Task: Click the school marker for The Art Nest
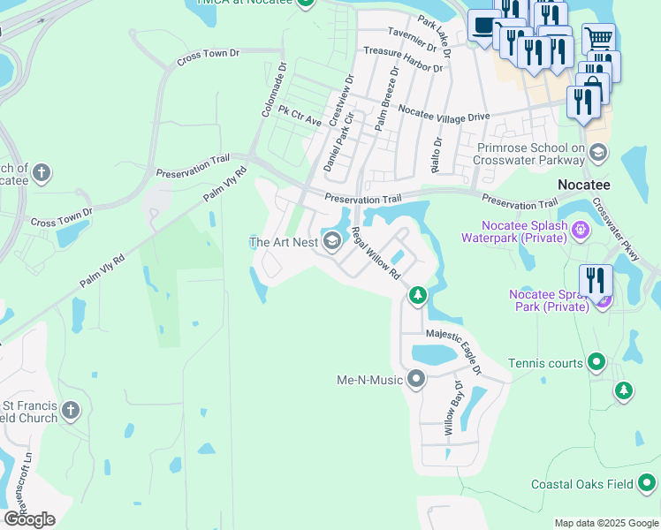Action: point(333,241)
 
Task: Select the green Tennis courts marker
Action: point(596,362)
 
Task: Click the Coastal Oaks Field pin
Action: point(647,483)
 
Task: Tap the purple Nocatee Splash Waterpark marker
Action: point(580,231)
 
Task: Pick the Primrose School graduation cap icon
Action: point(598,152)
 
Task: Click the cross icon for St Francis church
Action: point(71,410)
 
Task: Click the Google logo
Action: point(29,519)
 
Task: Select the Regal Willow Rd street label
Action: point(376,254)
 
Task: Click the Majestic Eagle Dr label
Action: point(453,351)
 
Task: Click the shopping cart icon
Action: point(598,38)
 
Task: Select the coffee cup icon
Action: point(482,26)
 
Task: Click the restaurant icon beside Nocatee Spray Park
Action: point(596,281)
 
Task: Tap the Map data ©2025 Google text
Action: point(607,523)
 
